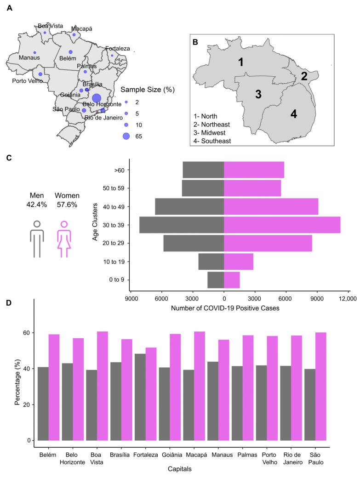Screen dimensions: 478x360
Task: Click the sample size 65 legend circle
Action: click(x=126, y=136)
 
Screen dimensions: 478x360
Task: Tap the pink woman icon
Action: click(x=64, y=239)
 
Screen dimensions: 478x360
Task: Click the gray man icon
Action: click(x=37, y=239)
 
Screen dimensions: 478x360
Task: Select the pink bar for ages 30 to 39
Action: click(x=282, y=225)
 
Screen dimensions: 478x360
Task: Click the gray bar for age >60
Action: click(x=203, y=170)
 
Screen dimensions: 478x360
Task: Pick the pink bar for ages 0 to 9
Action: click(x=232, y=280)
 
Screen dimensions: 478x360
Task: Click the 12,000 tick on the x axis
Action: click(x=347, y=299)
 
